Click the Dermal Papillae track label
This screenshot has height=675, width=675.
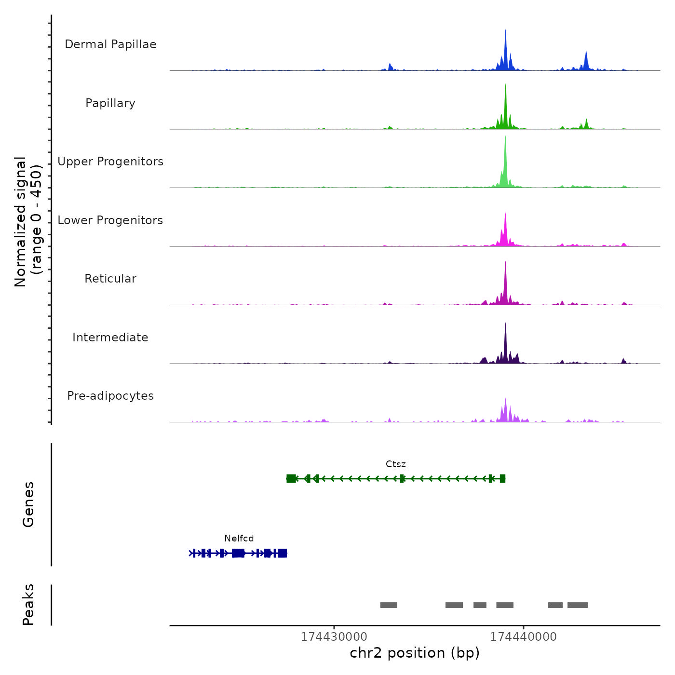[110, 44]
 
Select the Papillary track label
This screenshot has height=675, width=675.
[110, 103]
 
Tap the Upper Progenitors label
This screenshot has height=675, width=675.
[110, 162]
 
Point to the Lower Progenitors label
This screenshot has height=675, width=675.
[110, 220]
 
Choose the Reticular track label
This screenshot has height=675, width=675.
[110, 279]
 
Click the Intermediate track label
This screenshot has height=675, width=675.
[110, 337]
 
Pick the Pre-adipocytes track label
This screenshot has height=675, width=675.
[110, 396]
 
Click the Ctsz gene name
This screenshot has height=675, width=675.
[396, 464]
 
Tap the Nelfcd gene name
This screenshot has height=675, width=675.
[239, 539]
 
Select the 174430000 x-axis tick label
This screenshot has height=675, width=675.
[334, 637]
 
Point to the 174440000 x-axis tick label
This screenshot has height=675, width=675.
[523, 637]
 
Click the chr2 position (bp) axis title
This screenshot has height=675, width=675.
[415, 653]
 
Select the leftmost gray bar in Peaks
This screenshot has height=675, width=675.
[389, 605]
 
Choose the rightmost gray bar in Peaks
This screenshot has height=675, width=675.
[578, 605]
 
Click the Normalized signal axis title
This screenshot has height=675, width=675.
[28, 222]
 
